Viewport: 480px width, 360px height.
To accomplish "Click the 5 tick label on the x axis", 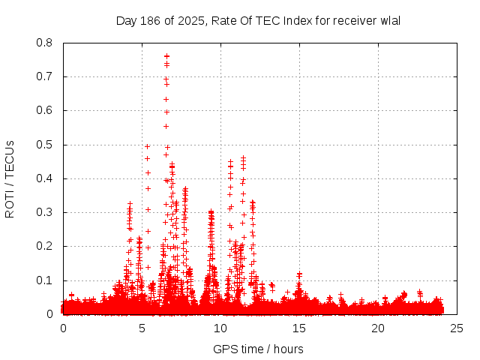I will point(142,328).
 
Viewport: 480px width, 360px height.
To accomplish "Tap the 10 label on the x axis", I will point(220,328).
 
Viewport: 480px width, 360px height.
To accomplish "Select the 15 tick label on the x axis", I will point(299,328).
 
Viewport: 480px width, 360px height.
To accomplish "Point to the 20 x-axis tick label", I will point(378,328).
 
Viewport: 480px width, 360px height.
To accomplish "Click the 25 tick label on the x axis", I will point(457,328).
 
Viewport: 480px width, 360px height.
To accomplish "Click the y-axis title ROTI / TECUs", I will point(10,178).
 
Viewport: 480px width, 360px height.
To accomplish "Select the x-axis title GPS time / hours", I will point(258,349).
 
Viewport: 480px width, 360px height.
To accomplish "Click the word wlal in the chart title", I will point(391,20).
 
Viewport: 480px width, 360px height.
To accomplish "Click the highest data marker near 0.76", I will point(166,56).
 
